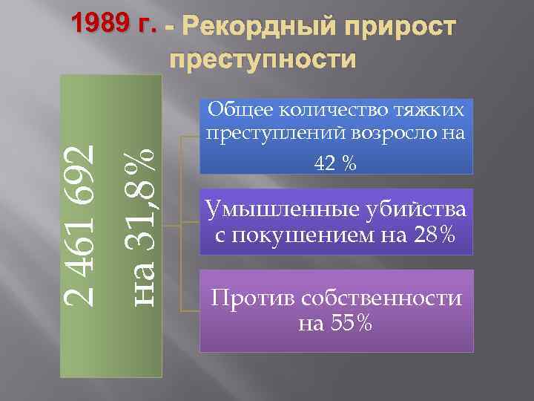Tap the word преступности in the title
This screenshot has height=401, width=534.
click(x=263, y=58)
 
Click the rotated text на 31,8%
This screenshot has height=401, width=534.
click(x=139, y=224)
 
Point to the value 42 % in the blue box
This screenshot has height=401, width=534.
click(x=336, y=163)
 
